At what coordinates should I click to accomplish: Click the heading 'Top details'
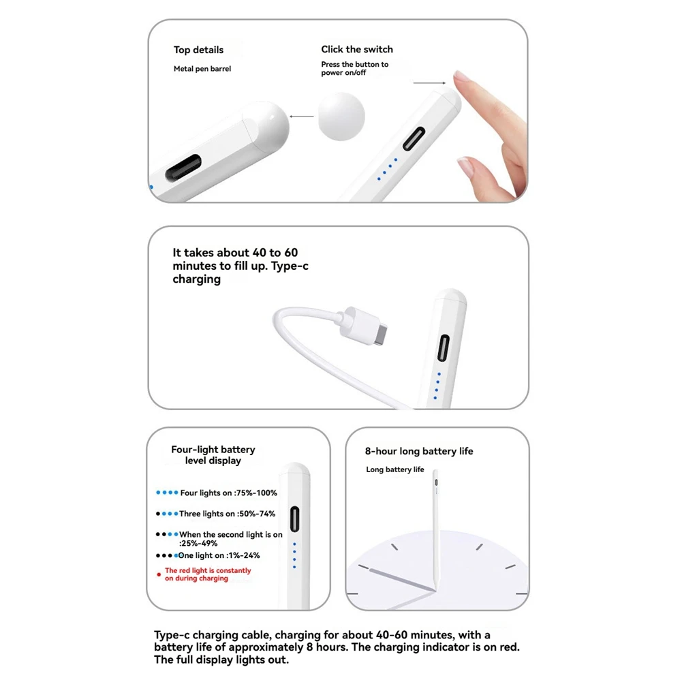(x=198, y=50)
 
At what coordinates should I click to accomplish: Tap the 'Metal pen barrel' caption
(x=202, y=69)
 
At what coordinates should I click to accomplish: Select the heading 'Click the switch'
(x=357, y=49)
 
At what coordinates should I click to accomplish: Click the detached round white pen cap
(x=341, y=116)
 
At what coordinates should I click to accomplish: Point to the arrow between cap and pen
(x=301, y=117)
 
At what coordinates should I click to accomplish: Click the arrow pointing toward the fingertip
(x=429, y=82)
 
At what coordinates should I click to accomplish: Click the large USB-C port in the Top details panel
(x=183, y=168)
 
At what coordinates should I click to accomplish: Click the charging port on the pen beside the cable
(x=444, y=348)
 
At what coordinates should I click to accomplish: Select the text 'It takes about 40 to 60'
(x=235, y=253)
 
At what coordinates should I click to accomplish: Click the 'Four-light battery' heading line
(x=213, y=449)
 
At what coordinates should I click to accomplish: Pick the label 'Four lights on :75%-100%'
(x=229, y=493)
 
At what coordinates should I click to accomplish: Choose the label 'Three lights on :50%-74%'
(x=227, y=514)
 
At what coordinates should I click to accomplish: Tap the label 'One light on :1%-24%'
(x=219, y=555)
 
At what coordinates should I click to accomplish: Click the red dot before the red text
(x=159, y=574)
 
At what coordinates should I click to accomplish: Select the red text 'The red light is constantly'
(x=208, y=570)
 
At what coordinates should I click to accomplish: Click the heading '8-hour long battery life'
(x=419, y=451)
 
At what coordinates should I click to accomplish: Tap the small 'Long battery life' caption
(x=395, y=469)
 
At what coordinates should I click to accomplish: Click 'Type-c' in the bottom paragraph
(x=172, y=635)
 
